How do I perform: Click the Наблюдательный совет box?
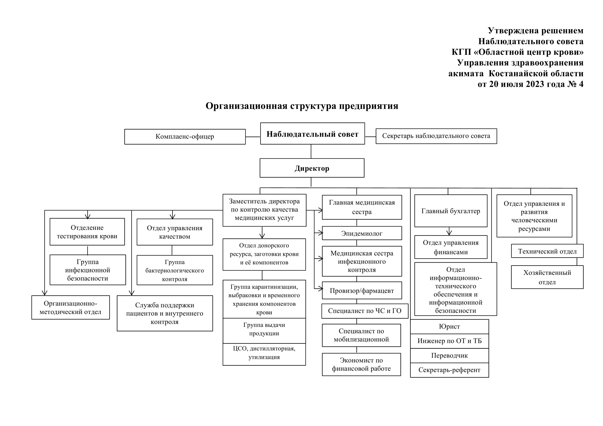[x=313, y=134]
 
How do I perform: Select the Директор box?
[x=312, y=168]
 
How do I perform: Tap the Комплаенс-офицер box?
[x=185, y=137]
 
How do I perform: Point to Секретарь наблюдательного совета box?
[x=436, y=136]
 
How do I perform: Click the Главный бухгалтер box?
[x=451, y=211]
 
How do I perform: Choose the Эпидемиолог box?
[x=362, y=233]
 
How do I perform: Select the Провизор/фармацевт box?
[x=362, y=291]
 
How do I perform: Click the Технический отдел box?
[x=547, y=251]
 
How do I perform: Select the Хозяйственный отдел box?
[x=547, y=277]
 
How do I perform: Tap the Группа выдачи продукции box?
[x=264, y=331]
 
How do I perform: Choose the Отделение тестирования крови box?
[x=87, y=232]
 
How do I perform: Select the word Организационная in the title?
[x=246, y=106]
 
